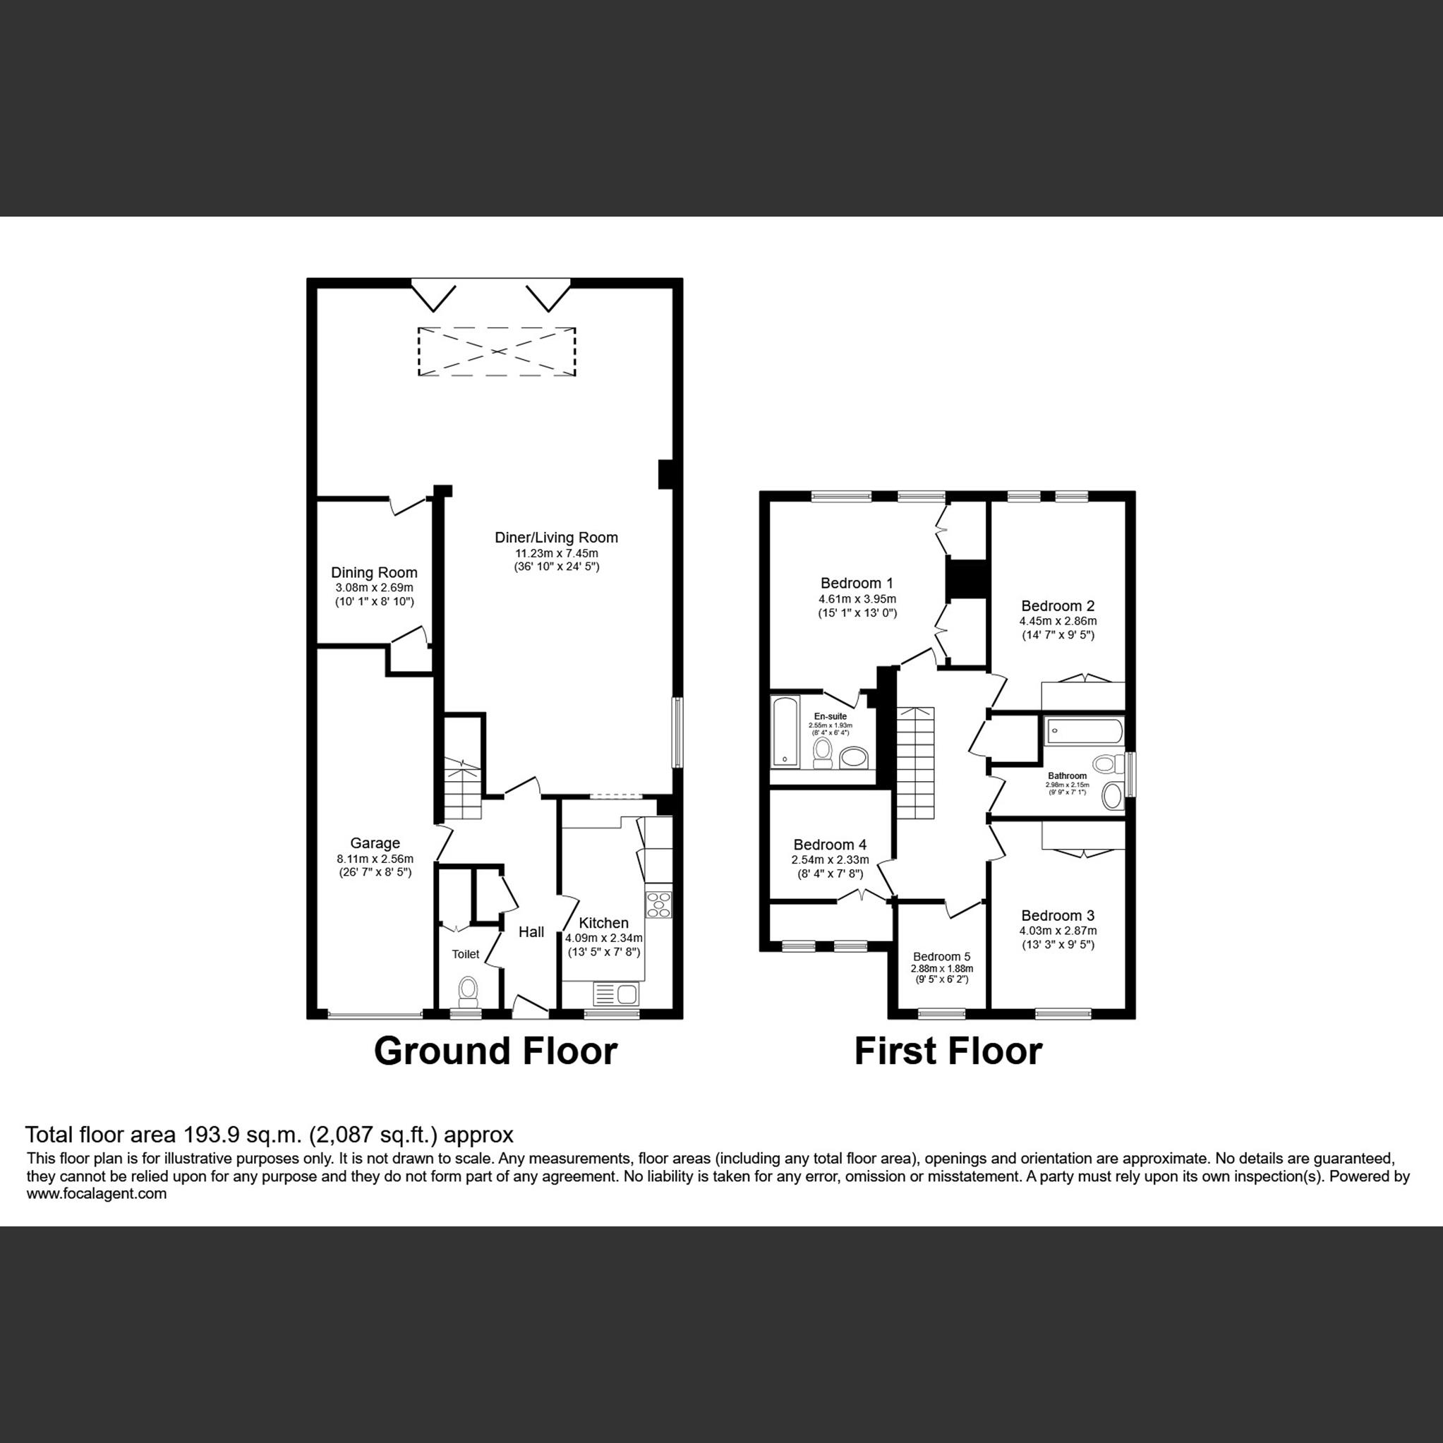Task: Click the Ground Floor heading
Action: point(495,1051)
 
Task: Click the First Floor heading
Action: point(948,1051)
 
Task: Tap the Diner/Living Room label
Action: point(557,537)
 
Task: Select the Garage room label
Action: point(375,843)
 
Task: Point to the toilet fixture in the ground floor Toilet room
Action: point(469,991)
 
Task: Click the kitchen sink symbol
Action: point(615,994)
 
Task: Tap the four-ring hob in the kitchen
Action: point(659,905)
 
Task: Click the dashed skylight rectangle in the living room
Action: point(497,351)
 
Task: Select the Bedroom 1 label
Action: point(857,584)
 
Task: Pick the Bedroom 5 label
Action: point(941,957)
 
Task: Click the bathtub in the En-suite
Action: point(784,731)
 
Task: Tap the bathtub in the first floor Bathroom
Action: point(1083,730)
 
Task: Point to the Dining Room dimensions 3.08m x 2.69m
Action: point(374,588)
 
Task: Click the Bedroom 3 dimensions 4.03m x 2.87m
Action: point(1058,931)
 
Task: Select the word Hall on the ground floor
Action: point(531,932)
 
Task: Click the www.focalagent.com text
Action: point(97,1193)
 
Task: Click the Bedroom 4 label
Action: point(830,845)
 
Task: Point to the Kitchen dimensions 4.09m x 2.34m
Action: point(603,938)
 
